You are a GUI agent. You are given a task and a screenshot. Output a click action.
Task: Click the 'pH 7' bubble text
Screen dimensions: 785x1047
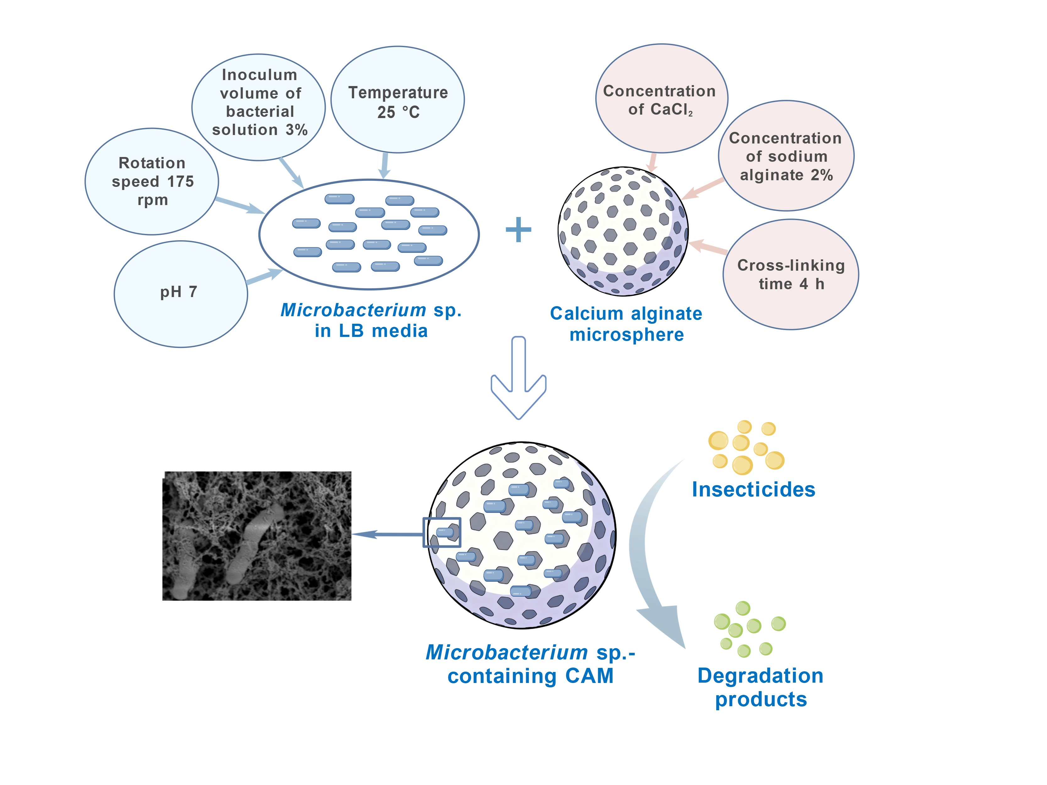pyautogui.click(x=178, y=292)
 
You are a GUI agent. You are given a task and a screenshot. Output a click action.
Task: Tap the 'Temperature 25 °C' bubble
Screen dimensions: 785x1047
pyautogui.click(x=398, y=102)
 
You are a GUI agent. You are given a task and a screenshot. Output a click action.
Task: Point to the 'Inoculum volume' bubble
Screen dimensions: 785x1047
pyautogui.click(x=259, y=102)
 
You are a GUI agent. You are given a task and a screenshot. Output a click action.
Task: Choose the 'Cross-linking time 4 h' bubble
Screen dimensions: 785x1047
pyautogui.click(x=790, y=274)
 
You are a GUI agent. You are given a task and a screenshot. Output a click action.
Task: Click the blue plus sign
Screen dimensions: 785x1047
pyautogui.click(x=518, y=230)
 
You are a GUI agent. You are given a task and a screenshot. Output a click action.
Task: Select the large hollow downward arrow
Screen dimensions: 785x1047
pyautogui.click(x=518, y=379)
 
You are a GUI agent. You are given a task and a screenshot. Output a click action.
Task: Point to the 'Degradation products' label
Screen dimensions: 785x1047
pyautogui.click(x=760, y=687)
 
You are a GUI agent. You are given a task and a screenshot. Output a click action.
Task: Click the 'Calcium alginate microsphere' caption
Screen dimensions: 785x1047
pyautogui.click(x=626, y=324)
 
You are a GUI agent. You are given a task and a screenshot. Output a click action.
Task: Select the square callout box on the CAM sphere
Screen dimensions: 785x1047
pyautogui.click(x=442, y=532)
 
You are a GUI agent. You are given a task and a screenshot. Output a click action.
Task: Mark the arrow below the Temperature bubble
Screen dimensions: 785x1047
pyautogui.click(x=385, y=165)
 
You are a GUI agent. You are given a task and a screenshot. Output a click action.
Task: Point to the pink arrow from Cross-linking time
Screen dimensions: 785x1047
pyautogui.click(x=708, y=247)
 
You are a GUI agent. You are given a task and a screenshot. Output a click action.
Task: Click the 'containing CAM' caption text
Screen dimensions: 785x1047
pyautogui.click(x=530, y=676)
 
